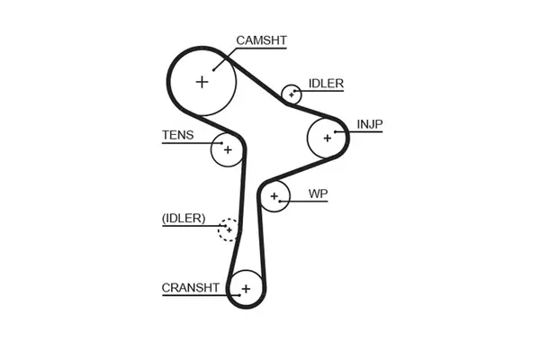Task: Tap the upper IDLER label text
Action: point(326,84)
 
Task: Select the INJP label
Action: point(369,123)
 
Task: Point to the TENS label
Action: point(176,136)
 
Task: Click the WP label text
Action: point(317,193)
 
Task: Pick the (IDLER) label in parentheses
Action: point(184,218)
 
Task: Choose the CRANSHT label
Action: point(190,288)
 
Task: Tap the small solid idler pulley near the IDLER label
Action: point(291,94)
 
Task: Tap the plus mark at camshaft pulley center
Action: point(202,81)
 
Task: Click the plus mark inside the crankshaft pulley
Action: point(244,289)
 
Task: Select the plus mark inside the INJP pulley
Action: point(326,138)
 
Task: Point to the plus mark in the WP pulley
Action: point(272,195)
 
